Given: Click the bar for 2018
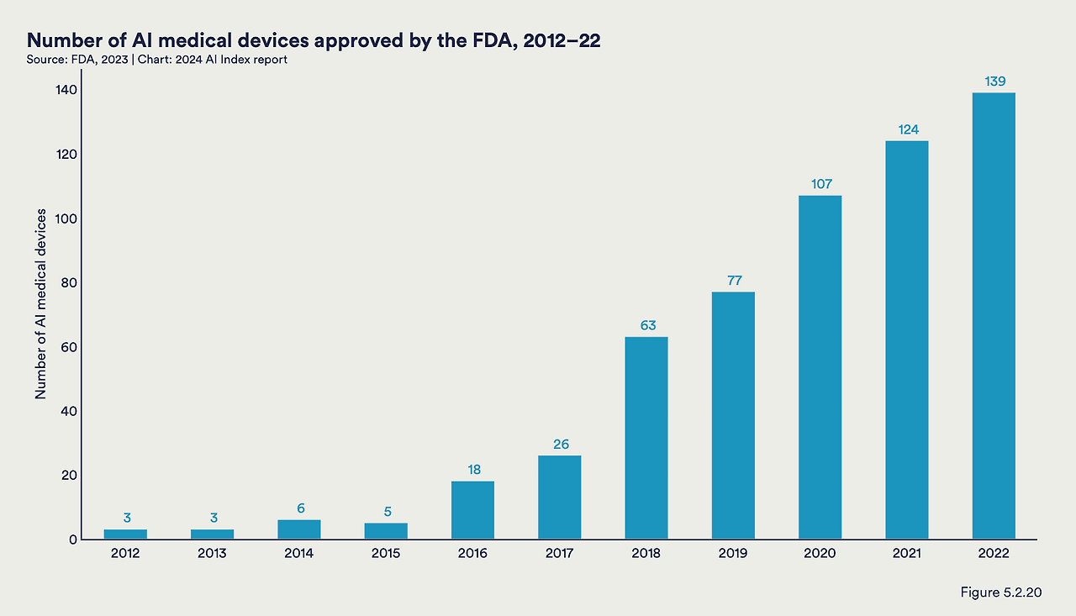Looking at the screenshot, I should (646, 438).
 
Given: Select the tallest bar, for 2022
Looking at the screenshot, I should (994, 316).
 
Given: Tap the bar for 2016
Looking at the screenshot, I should (472, 510).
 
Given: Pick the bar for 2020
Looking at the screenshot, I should (820, 367).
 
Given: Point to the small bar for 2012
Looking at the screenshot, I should (125, 534).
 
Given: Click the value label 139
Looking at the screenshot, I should (994, 82).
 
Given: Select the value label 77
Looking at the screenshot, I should (734, 281).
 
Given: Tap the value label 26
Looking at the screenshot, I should (560, 445).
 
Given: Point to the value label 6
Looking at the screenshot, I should (300, 508).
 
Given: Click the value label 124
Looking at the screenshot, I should (907, 129).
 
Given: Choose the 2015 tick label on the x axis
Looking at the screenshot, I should (386, 553).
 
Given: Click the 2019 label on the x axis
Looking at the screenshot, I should (734, 553).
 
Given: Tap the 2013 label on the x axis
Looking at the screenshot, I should (213, 553).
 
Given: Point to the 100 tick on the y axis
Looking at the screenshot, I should (67, 218).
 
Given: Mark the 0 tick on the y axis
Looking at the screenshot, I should (74, 540).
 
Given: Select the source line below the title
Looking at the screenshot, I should (158, 60).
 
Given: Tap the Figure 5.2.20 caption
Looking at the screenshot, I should (1001, 592).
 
